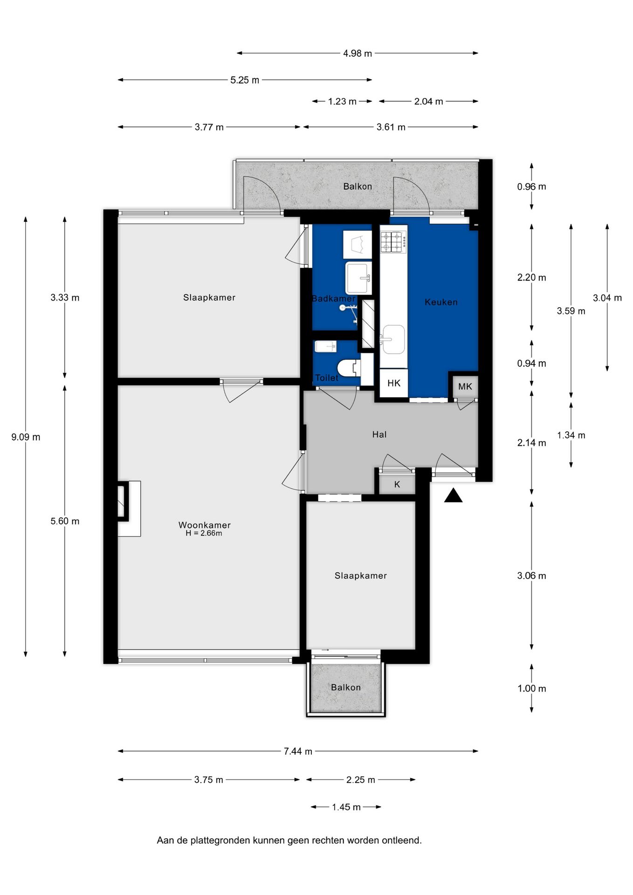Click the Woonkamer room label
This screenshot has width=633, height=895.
(x=204, y=525)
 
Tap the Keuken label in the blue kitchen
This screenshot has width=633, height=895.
(x=441, y=302)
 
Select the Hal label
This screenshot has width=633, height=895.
(x=379, y=434)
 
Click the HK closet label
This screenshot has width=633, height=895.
(x=394, y=383)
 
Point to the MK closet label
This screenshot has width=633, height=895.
(x=465, y=386)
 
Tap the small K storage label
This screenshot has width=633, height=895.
(x=397, y=484)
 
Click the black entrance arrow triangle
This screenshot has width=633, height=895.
(x=453, y=496)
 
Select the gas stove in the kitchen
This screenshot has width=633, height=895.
(x=393, y=242)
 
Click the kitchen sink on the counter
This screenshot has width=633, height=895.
(x=392, y=339)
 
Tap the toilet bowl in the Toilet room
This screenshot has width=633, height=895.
(x=348, y=368)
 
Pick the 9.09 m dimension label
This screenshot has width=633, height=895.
(x=26, y=437)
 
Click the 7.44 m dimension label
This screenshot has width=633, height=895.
(x=298, y=751)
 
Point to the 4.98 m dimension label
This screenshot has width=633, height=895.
(x=358, y=53)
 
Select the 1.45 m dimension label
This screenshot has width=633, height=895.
(x=346, y=807)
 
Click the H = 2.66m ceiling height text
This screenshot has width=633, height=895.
(x=204, y=533)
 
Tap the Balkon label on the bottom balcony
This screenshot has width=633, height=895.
(x=346, y=688)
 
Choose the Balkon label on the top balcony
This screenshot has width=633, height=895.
(x=358, y=186)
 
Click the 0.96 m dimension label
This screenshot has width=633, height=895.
(x=531, y=187)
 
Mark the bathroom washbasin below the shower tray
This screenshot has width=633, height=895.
(x=358, y=278)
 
